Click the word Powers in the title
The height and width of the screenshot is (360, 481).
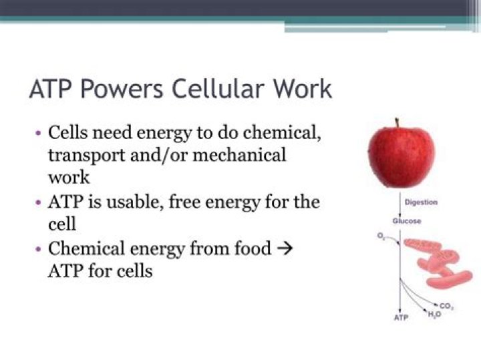[122, 89]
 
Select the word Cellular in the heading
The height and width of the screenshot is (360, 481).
[218, 89]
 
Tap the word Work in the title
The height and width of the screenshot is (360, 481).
[303, 89]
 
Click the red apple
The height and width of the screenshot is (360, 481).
[402, 154]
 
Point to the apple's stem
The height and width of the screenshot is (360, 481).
[397, 123]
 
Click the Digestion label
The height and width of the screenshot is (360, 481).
[421, 202]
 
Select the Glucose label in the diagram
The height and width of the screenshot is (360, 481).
[407, 221]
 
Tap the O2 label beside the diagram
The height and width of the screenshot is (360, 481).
[381, 236]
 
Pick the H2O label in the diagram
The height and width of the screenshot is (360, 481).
[435, 315]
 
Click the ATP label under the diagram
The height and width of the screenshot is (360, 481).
[402, 317]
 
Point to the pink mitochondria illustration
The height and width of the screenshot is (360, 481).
[438, 263]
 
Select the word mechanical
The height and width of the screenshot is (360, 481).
[239, 155]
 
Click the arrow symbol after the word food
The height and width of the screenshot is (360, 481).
[285, 248]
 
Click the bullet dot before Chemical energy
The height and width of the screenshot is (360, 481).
[38, 249]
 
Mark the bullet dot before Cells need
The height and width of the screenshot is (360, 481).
[38, 134]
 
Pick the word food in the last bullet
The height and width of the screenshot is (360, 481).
[253, 248]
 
